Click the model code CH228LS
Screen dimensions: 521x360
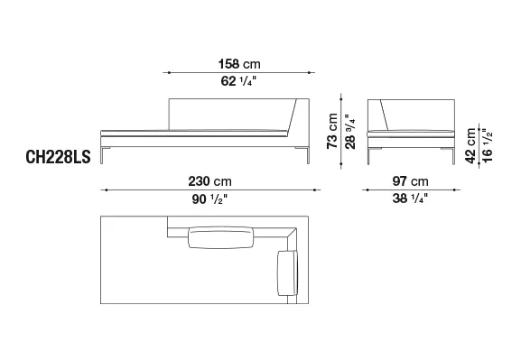[58, 157]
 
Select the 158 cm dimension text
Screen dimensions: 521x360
[239, 64]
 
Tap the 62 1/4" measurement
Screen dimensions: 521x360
[238, 81]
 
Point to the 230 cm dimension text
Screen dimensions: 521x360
[210, 181]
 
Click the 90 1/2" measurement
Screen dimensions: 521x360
[209, 198]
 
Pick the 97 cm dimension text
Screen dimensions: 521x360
[411, 181]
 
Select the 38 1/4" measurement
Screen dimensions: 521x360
[410, 198]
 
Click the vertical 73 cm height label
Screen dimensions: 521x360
[332, 131]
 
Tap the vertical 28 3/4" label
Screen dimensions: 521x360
[349, 132]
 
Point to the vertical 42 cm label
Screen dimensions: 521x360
[470, 145]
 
